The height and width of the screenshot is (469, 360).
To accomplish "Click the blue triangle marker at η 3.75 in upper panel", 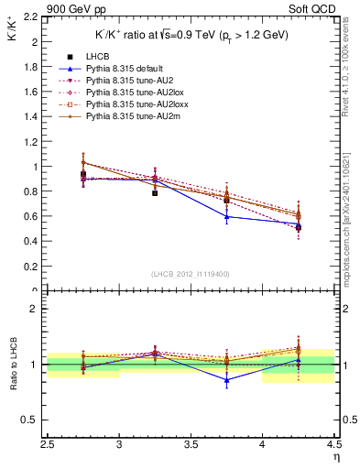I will (x=226, y=216).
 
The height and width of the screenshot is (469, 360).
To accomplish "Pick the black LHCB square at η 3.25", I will (x=155, y=193).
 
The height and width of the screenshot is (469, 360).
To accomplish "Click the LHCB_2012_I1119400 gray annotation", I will (x=191, y=274).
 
